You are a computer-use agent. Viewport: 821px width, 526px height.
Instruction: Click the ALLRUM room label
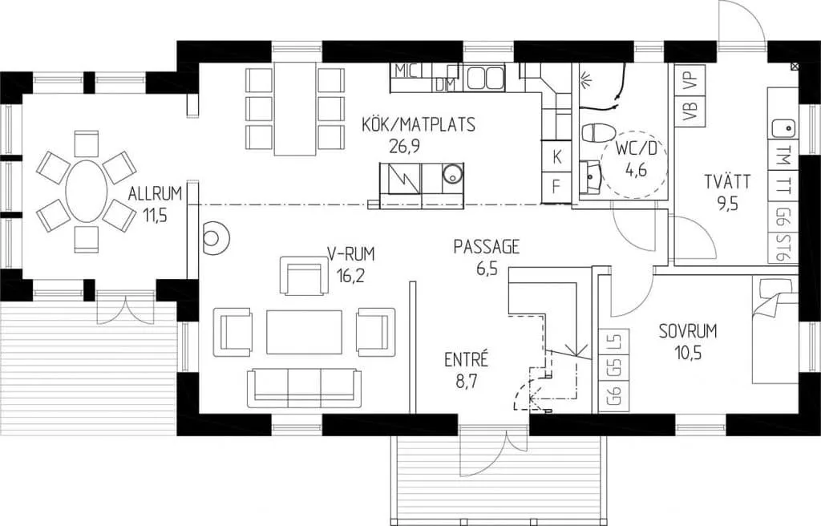coord(155,193)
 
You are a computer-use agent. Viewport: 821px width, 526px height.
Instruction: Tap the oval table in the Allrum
coord(87,191)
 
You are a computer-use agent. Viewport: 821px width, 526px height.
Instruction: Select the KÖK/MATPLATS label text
coord(419,125)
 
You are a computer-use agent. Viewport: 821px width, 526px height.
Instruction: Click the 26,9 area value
coord(404,146)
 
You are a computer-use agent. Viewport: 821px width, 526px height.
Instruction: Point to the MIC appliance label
coord(406,71)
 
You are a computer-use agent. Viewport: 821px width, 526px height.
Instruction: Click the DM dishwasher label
coord(446,85)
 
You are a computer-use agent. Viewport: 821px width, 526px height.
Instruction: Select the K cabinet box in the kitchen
coord(556,156)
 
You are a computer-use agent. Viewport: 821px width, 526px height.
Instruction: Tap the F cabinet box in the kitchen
coord(556,186)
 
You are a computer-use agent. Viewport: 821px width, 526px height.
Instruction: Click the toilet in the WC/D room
coord(598,132)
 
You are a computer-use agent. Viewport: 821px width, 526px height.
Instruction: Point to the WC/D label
coord(636,149)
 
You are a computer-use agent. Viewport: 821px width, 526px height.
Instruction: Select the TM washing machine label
coord(783,155)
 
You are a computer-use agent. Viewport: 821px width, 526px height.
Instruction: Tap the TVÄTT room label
coord(727,182)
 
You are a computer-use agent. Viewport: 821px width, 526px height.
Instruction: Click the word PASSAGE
coord(487,246)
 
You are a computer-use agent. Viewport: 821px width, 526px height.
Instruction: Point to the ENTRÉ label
coord(466,359)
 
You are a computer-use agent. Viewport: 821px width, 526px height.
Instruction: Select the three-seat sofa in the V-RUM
coord(304,388)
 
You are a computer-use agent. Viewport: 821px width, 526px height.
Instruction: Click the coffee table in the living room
coord(304,332)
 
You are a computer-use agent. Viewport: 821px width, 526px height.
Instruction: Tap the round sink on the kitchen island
coord(452,174)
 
